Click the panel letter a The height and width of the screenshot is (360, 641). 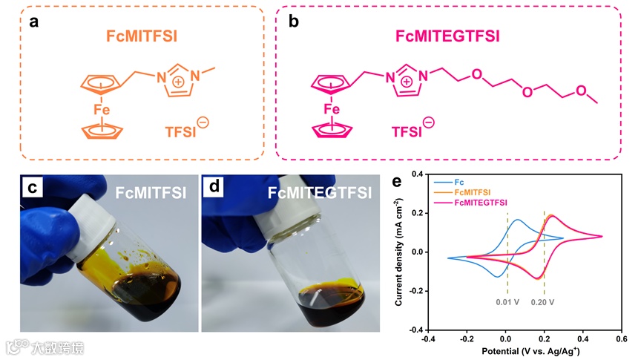click(33, 22)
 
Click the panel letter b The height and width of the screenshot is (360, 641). click(294, 22)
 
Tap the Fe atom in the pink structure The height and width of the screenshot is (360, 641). click(332, 110)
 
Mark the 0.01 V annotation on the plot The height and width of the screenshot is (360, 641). click(508, 303)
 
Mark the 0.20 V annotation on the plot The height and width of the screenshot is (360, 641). click(545, 303)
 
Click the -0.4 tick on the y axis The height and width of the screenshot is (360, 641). click(415, 330)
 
